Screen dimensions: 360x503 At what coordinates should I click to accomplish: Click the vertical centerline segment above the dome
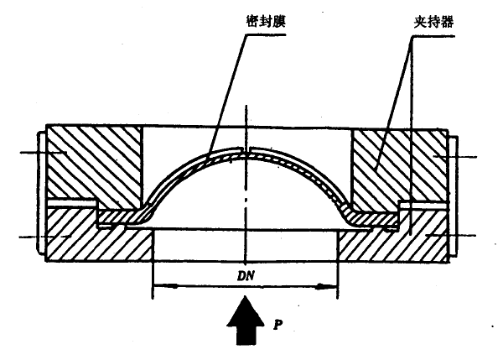pyautogui.click(x=246, y=126)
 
